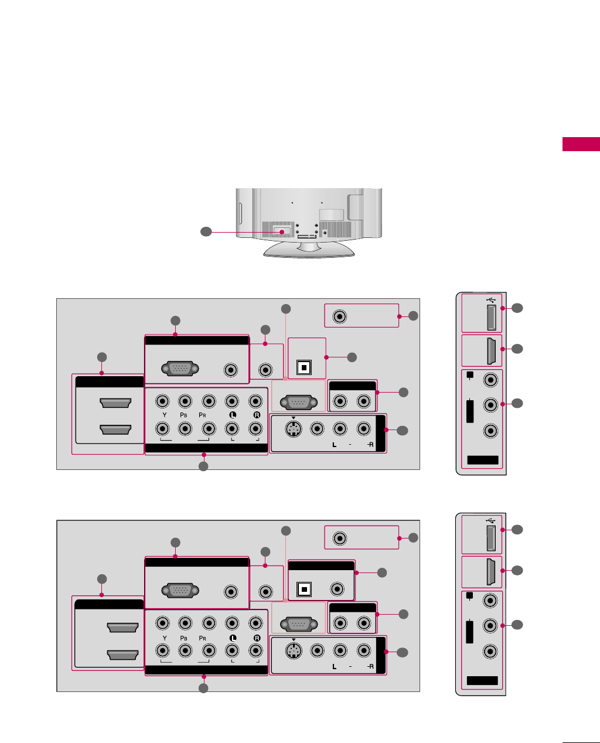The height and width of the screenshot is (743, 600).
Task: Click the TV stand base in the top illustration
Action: click(309, 250)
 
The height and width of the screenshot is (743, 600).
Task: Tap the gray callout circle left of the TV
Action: click(206, 232)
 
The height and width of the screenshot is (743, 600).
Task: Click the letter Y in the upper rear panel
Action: click(165, 415)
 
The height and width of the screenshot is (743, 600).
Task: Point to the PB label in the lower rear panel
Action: click(183, 638)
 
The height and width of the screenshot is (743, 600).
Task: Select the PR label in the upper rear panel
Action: click(202, 415)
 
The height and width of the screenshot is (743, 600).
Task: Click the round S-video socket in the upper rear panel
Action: click(293, 429)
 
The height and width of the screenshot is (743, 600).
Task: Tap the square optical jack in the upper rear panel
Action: click(303, 367)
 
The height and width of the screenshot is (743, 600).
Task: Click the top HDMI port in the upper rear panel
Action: click(115, 403)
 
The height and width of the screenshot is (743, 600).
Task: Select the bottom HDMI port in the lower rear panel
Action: click(122, 654)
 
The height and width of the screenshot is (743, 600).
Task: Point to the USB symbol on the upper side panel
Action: click(491, 299)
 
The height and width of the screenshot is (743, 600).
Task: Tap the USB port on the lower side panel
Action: click(491, 538)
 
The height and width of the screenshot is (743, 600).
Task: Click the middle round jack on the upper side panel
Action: click(490, 404)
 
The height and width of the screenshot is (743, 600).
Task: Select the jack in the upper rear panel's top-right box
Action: click(340, 316)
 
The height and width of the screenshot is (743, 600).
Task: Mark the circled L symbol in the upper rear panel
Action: click(232, 415)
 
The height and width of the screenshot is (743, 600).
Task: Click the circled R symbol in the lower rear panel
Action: click(256, 638)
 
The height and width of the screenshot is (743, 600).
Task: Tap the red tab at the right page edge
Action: click(581, 144)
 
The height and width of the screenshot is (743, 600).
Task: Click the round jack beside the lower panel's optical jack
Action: click(337, 589)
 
